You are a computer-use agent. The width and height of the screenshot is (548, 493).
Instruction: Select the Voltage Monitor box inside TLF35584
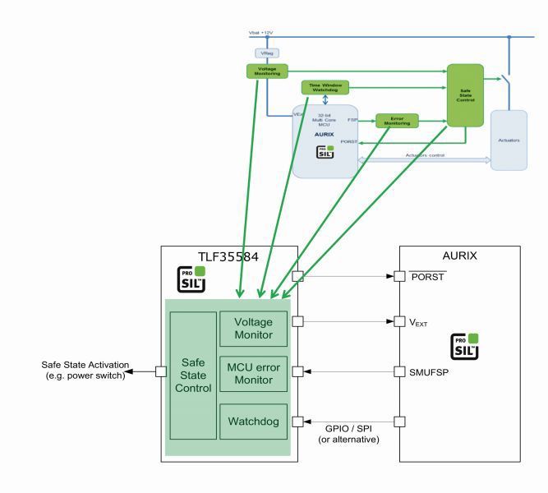click(x=253, y=329)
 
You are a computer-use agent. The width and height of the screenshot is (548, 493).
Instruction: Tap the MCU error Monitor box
click(x=253, y=374)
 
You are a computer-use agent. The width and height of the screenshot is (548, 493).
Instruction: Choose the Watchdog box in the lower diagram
click(x=253, y=421)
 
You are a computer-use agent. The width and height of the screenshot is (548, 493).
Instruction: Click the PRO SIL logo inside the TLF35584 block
click(x=192, y=279)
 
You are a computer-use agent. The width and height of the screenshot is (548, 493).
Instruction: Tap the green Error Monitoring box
click(x=397, y=121)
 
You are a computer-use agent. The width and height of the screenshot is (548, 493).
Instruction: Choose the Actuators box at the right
click(x=508, y=140)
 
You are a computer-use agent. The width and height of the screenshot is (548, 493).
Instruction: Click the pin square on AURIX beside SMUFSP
click(x=399, y=371)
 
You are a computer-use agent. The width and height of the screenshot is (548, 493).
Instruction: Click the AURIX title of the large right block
click(x=459, y=256)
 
